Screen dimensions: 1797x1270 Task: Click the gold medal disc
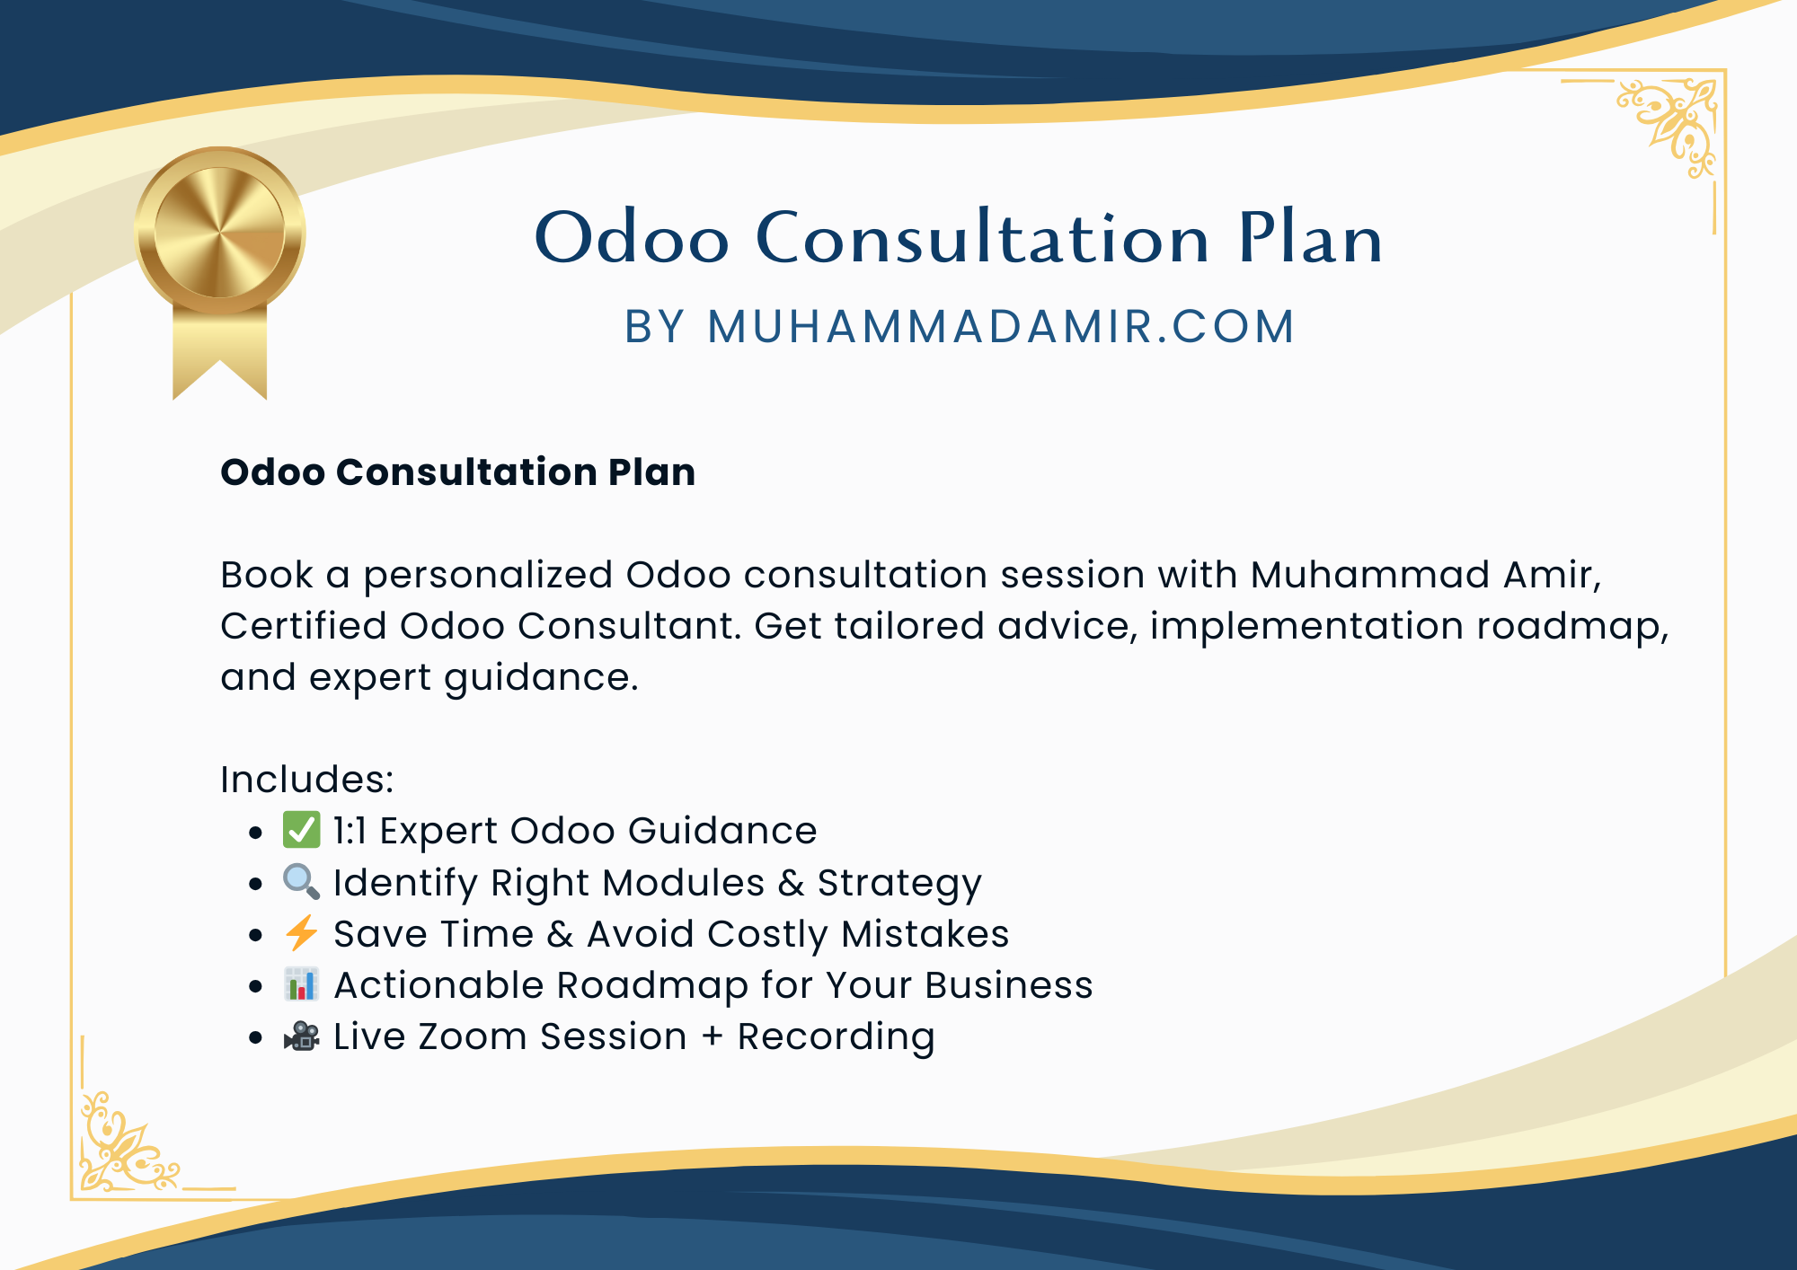pos(220,232)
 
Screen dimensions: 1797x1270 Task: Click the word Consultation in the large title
pos(983,237)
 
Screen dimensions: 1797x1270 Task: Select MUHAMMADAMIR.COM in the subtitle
pos(1001,326)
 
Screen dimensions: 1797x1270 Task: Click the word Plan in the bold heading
pos(651,472)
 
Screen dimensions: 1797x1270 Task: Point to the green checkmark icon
pos(301,830)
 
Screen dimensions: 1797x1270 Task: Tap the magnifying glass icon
pos(301,882)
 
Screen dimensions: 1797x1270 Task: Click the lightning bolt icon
pos(301,933)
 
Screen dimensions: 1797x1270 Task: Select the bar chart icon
pos(301,984)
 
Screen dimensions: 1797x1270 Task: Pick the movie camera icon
pos(301,1036)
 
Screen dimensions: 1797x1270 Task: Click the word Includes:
pos(307,779)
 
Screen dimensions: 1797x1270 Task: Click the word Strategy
pos(899,884)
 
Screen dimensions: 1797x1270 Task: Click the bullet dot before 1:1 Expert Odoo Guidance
pos(256,833)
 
